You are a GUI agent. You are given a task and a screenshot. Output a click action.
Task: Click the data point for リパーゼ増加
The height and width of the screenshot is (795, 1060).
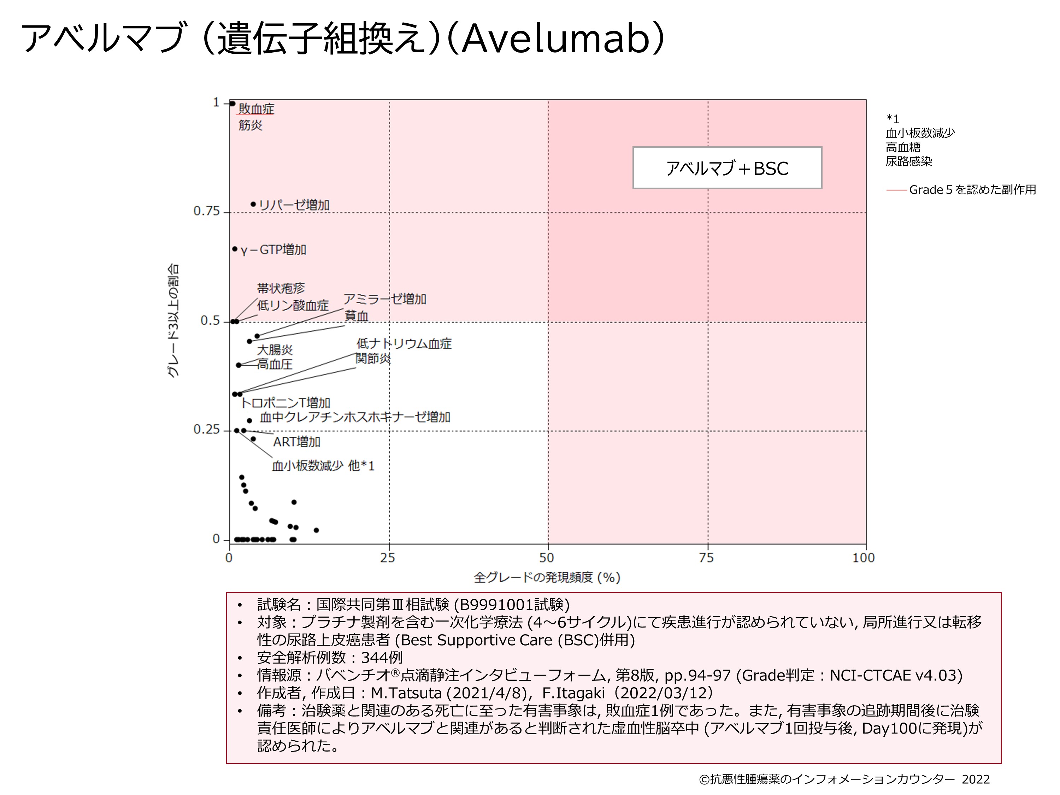[x=253, y=204]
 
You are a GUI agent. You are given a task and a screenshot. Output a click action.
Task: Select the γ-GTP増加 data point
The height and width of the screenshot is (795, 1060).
[x=235, y=249]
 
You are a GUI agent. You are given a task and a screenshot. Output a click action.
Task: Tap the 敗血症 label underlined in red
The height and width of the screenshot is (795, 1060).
[x=257, y=109]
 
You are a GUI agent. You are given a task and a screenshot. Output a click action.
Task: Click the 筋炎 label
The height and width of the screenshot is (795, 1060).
[x=251, y=125]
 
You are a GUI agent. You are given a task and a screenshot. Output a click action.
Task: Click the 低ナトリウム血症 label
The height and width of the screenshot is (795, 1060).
[x=404, y=343]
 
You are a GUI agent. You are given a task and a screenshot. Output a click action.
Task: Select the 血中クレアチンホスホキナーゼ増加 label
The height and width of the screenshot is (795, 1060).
[x=355, y=417]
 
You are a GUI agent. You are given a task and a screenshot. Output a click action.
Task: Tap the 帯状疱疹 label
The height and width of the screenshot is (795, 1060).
[x=281, y=288]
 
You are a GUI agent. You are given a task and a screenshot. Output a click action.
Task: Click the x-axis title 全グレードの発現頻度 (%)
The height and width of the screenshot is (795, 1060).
[x=547, y=577]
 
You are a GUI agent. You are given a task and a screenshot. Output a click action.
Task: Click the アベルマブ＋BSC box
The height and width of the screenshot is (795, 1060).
[x=727, y=168]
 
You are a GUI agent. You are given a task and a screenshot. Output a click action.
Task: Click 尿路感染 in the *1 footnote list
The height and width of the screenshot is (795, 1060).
[x=908, y=161]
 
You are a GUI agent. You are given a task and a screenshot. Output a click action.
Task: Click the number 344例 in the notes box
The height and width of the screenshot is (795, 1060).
[x=382, y=658]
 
